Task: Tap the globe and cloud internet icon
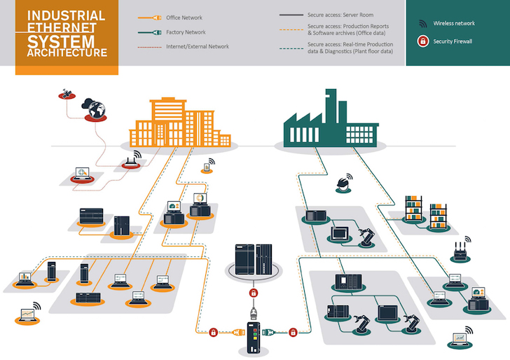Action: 95,109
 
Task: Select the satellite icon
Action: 66,94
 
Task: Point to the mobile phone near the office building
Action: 207,167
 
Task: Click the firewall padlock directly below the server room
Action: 254,291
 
